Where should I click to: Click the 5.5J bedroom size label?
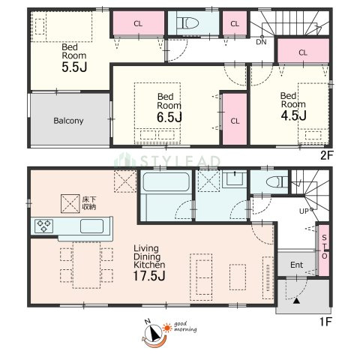pos(74,67)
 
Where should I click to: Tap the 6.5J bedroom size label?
pos(169,117)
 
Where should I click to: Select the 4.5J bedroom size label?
pos(293,115)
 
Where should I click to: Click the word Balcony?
pos(68,121)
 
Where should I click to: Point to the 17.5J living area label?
pos(149,275)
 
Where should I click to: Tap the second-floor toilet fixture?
pos(187,23)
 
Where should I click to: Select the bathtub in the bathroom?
pos(166,182)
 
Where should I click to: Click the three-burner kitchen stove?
pos(43,226)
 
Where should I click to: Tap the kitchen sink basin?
pos(91,226)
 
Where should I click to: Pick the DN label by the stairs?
pos(261,42)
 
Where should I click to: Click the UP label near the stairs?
pos(304,211)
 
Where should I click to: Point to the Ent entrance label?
pos(296,265)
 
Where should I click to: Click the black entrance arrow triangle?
pos(296,301)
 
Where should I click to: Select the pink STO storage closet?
pos(324,250)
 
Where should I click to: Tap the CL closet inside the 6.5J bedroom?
pos(235,119)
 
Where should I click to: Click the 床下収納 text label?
pos(89,203)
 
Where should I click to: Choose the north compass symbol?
pos(153,333)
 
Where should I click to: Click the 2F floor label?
pos(327,155)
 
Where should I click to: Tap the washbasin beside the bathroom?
pos(234,178)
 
